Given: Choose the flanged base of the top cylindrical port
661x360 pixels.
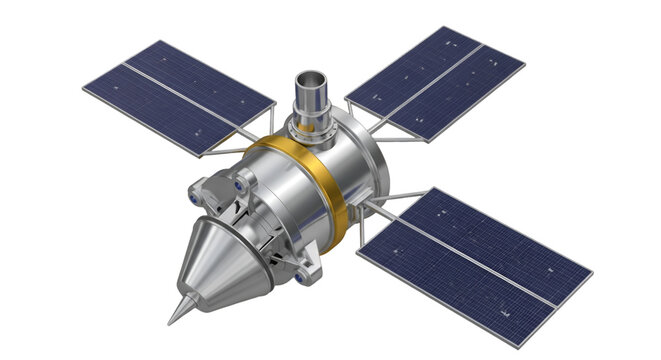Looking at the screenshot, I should pyautogui.click(x=312, y=125).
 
